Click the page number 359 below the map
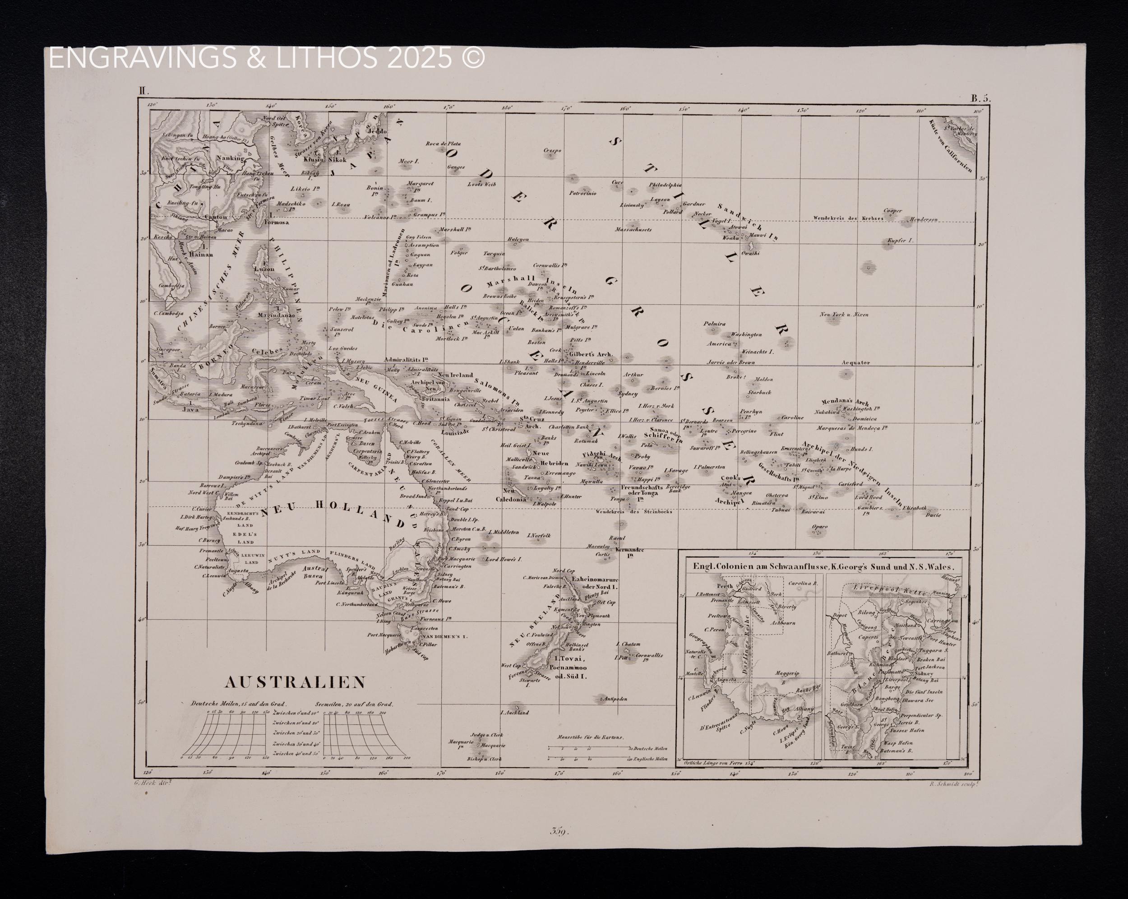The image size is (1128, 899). coord(559,830)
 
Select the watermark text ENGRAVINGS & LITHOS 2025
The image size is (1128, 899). coord(267,58)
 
